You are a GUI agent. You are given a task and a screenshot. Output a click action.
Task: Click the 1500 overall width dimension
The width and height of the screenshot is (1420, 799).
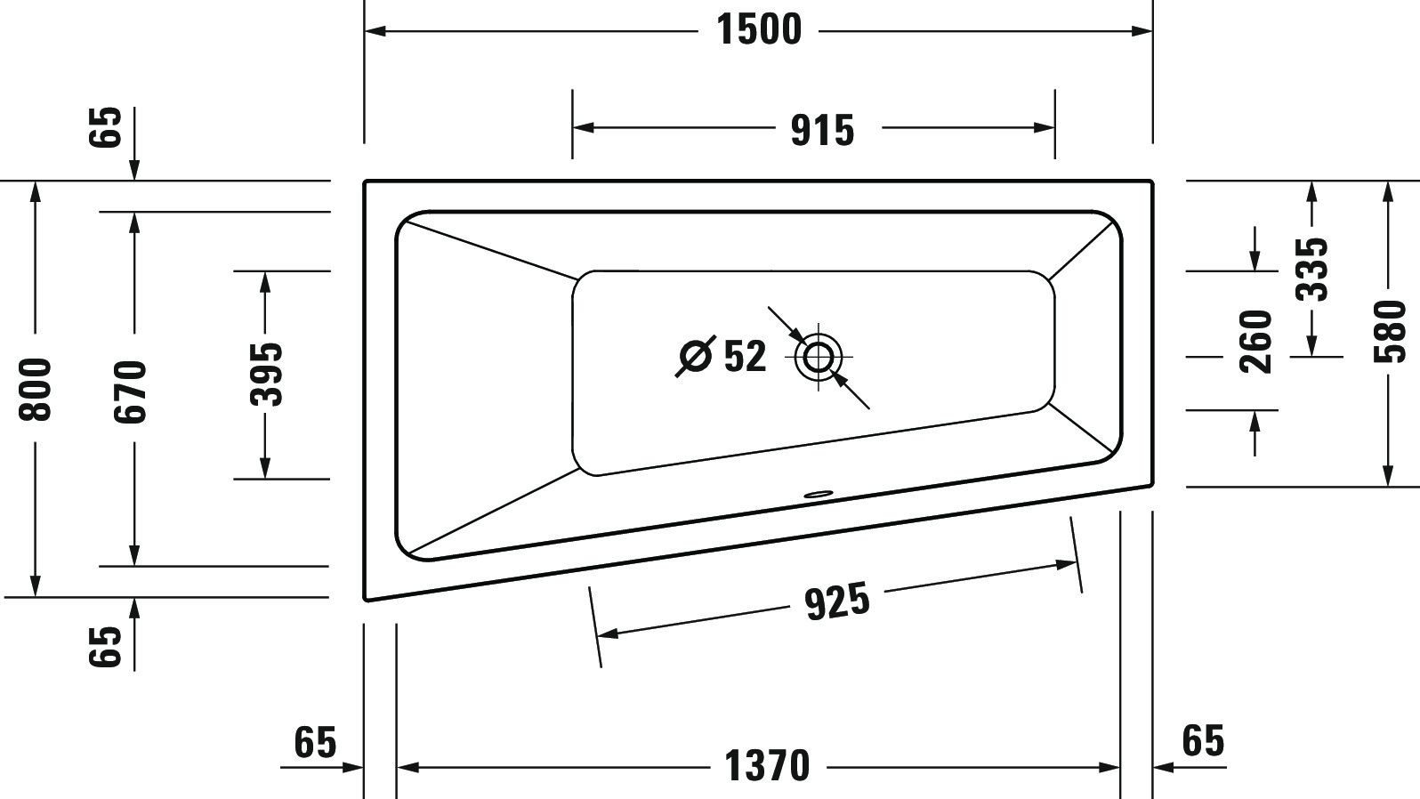tap(759, 30)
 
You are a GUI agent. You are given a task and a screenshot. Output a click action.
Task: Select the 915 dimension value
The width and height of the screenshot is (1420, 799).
tap(822, 131)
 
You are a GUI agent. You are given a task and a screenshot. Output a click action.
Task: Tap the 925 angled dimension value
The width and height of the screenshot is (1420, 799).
tap(836, 602)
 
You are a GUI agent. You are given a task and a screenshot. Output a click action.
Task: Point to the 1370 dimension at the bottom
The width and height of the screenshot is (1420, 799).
tap(767, 766)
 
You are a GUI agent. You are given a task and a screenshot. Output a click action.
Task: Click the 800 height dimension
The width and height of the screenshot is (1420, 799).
tap(36, 389)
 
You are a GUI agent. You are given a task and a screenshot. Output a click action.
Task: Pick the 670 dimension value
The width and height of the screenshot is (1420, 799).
tap(133, 391)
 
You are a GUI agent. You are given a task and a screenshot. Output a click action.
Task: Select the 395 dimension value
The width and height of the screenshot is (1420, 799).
tap(264, 375)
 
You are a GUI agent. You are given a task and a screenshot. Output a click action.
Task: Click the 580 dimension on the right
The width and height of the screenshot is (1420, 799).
tap(1389, 332)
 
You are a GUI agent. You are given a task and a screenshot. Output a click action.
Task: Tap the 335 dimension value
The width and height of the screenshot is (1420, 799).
tap(1311, 269)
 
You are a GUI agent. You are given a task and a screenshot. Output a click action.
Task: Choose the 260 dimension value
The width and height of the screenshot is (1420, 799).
tap(1255, 342)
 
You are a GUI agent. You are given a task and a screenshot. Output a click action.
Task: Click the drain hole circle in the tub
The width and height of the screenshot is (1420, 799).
tap(818, 358)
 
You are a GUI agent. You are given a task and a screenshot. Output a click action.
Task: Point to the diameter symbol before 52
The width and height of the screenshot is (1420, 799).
tap(696, 357)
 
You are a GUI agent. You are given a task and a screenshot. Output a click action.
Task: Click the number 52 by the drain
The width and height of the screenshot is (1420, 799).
tap(745, 357)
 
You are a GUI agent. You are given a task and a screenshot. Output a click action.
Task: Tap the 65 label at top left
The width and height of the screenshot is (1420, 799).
tap(104, 126)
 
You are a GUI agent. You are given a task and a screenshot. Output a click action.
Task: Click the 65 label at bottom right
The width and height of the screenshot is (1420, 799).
tap(1203, 740)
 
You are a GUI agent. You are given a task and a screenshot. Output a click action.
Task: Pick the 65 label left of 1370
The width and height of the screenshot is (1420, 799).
tap(315, 742)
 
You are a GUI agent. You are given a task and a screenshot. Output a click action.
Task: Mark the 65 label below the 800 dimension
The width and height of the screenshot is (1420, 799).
tap(104, 646)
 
